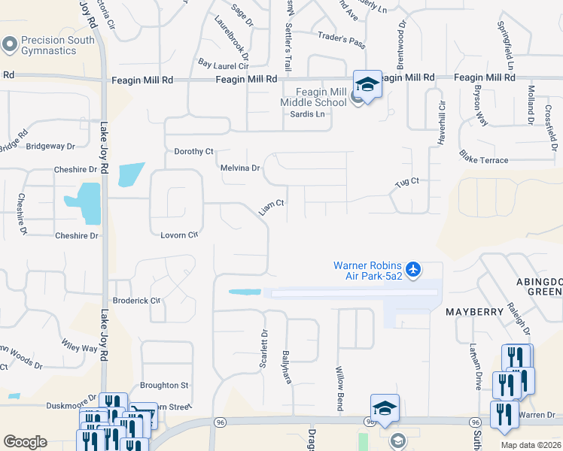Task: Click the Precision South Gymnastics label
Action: point(49,45)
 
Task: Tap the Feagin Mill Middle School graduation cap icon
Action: point(367,84)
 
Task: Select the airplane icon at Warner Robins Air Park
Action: point(412,268)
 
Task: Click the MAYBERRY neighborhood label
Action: point(473,311)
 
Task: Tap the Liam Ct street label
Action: point(272,207)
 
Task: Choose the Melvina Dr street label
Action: point(239,168)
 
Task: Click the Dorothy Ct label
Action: point(194,151)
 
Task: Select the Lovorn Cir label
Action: point(178,235)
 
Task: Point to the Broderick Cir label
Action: point(135,300)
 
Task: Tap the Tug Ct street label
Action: point(406,182)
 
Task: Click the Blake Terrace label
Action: point(483,160)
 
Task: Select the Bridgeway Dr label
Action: point(50,147)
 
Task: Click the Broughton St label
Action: point(164,385)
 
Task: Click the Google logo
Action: point(25,442)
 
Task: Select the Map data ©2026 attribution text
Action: point(531,445)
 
